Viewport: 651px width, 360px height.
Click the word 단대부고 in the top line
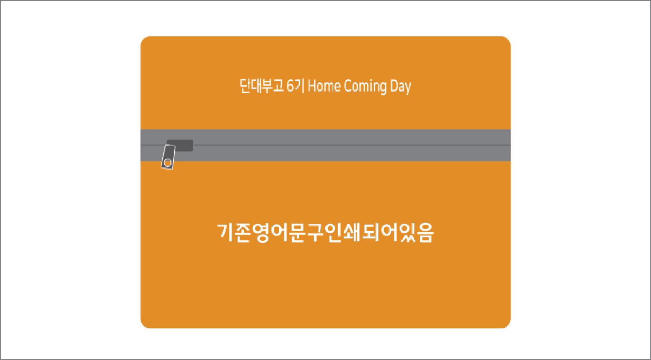[261, 86]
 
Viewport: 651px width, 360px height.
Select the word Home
[324, 86]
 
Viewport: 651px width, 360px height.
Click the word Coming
[365, 87]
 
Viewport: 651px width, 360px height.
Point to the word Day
[401, 87]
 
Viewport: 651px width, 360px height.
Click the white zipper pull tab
[168, 157]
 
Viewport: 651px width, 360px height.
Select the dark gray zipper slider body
[180, 145]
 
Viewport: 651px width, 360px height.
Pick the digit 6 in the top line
[291, 86]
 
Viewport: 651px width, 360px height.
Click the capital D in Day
[394, 86]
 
